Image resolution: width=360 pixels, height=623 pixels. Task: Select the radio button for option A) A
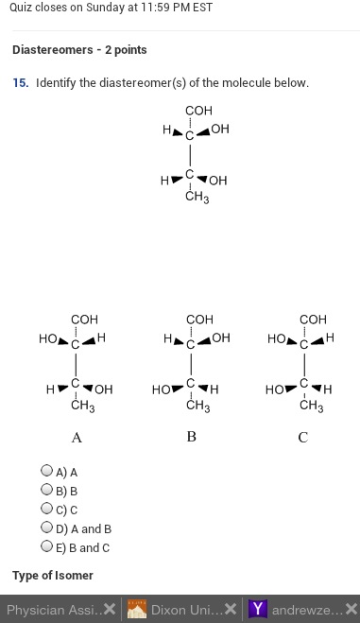tap(46, 470)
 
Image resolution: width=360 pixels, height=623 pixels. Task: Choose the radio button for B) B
tap(46, 490)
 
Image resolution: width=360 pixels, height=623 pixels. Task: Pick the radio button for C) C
tap(46, 509)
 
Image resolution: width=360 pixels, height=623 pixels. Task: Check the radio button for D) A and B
tap(46, 528)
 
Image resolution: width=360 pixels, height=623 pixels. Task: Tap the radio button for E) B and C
tap(46, 545)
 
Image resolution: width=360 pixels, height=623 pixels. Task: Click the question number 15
tap(20, 83)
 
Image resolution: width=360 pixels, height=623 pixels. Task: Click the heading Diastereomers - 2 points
tap(79, 50)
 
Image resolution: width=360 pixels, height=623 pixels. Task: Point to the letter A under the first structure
tap(77, 438)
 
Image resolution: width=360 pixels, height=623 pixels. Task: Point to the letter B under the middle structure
tap(191, 437)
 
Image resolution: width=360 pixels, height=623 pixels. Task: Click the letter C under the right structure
tap(302, 438)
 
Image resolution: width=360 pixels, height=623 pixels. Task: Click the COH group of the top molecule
tap(198, 111)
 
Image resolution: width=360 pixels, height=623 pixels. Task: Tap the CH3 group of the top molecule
tap(197, 198)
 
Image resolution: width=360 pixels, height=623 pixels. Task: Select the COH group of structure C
tap(313, 320)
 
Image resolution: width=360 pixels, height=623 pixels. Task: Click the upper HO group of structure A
tap(48, 337)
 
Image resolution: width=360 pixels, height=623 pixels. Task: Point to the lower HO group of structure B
tap(162, 389)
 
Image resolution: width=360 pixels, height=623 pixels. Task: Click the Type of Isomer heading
tap(53, 575)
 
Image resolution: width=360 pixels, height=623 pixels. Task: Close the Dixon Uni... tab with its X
tap(231, 609)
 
